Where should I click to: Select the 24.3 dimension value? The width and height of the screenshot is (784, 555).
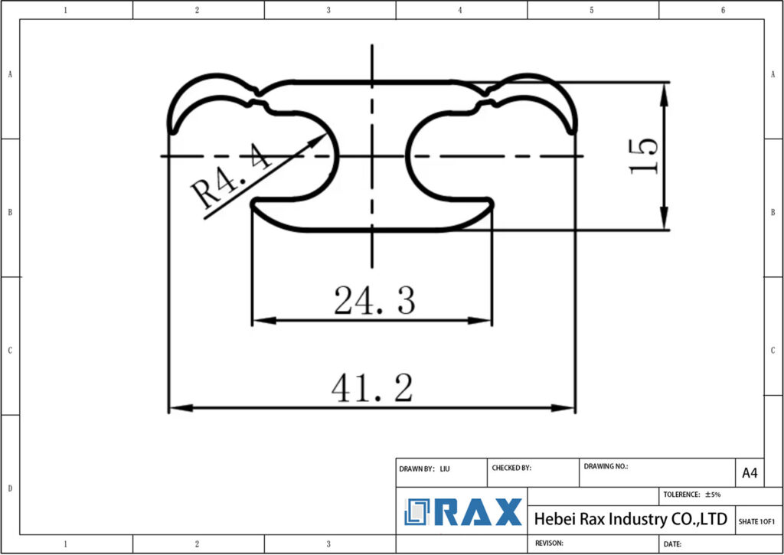[374, 301]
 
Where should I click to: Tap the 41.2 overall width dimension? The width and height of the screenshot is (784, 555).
[372, 389]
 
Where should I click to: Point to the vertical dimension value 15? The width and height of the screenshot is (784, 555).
[644, 156]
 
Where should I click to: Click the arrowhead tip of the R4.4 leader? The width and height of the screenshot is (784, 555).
[325, 136]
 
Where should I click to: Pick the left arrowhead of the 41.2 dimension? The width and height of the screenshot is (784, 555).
[171, 408]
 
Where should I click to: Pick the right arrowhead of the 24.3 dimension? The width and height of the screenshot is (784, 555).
[488, 321]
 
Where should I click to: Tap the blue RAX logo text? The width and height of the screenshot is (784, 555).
[479, 512]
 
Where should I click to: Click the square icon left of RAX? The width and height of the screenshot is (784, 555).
[418, 512]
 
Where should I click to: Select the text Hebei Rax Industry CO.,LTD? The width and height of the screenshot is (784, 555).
[630, 519]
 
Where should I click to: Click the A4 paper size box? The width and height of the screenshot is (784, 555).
[749, 473]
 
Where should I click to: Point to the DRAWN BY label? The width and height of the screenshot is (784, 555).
[416, 468]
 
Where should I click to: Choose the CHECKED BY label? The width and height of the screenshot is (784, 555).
[511, 468]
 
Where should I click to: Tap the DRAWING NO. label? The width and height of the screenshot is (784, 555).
[606, 465]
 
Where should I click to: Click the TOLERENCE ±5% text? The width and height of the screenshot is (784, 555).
[691, 495]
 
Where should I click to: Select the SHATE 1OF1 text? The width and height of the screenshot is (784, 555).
[756, 521]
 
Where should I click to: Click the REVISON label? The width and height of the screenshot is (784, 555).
[549, 543]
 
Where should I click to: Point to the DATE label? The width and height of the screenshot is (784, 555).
[672, 544]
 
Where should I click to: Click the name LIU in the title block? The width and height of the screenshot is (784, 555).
[445, 468]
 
